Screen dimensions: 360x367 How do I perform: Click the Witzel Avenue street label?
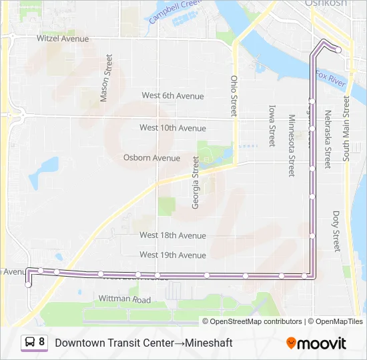(63, 39)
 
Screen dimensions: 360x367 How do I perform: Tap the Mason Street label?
(105, 83)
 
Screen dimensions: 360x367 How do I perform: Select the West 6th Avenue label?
(172, 96)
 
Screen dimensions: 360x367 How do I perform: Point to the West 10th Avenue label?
(172, 127)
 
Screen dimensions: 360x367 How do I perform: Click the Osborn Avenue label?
(151, 158)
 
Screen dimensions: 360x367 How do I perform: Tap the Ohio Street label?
(234, 96)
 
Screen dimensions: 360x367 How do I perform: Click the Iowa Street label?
(272, 125)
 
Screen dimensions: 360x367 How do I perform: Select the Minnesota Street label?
(291, 145)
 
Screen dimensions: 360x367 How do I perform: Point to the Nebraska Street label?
(328, 139)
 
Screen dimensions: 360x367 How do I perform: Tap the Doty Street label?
(336, 231)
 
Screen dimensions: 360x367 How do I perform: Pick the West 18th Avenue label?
(172, 235)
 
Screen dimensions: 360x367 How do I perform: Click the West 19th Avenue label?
(172, 255)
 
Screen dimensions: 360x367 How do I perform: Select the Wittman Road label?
(125, 299)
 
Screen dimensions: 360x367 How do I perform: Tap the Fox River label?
(331, 79)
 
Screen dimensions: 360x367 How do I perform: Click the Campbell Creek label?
(175, 11)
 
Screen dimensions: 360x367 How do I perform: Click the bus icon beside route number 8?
(31, 342)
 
